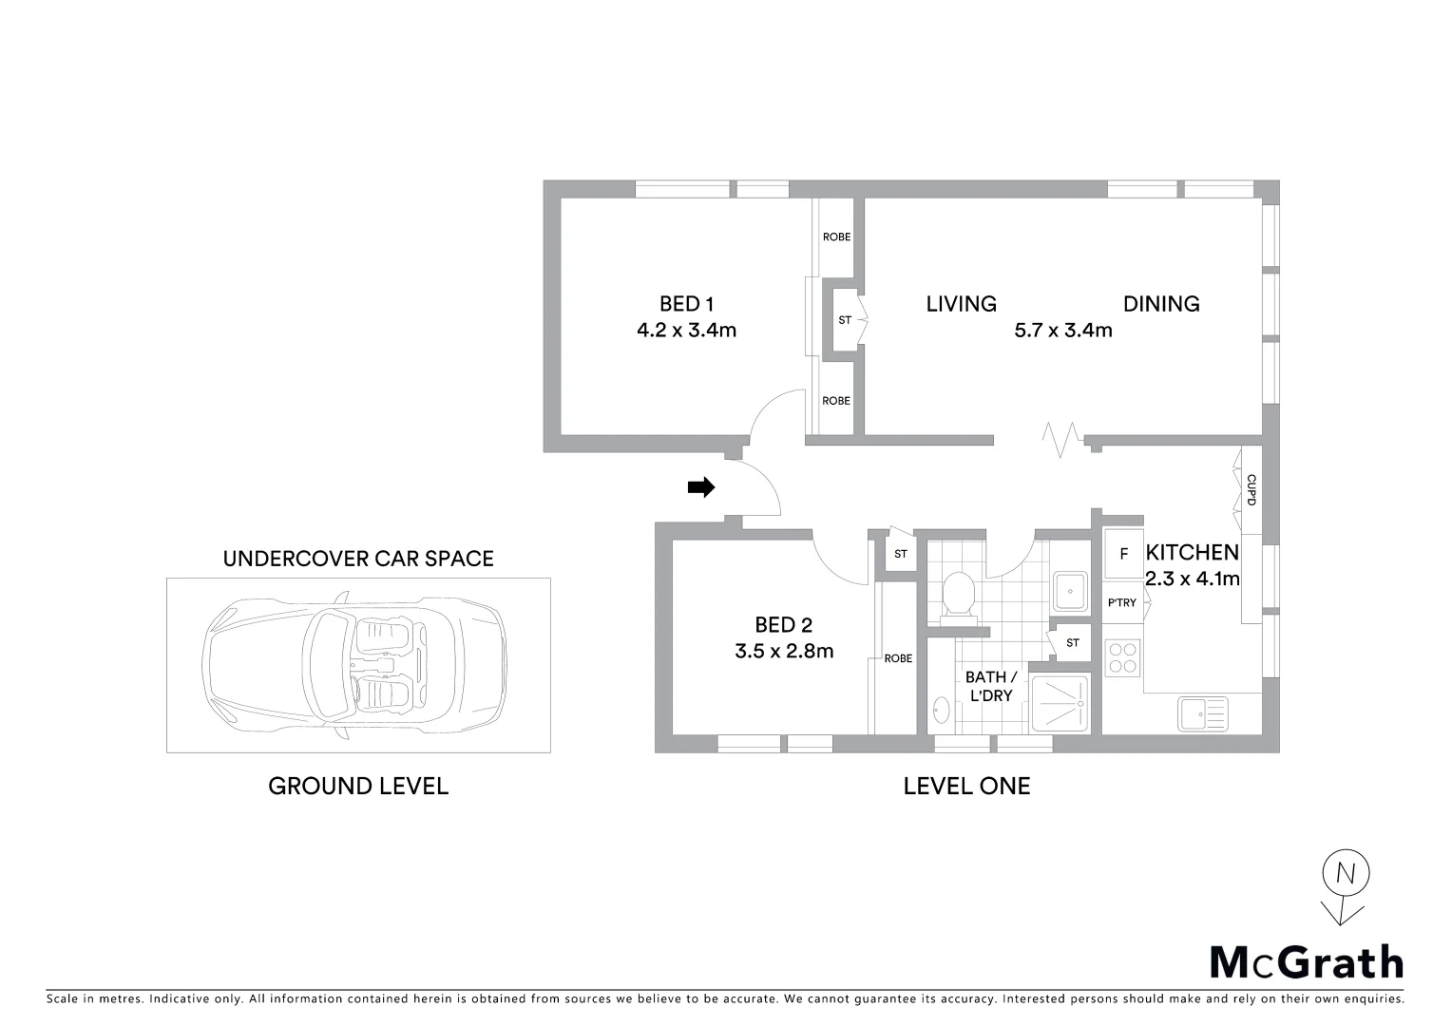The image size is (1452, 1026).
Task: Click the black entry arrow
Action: coord(700,487)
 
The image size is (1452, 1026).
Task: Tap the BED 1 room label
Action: coord(686,304)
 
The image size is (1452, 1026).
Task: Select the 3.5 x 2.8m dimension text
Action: coord(783,652)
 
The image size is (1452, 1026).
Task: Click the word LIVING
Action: coord(961,304)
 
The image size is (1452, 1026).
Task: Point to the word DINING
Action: coord(1161,304)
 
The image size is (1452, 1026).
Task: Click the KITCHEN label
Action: coord(1192,553)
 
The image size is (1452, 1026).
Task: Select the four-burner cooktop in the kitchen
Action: coord(1122,657)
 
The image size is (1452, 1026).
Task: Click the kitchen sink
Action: coord(1202,713)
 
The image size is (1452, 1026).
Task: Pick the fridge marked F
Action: coord(1123,554)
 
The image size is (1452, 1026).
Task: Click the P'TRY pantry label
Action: coord(1121,603)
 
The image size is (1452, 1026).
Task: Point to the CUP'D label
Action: coord(1251,489)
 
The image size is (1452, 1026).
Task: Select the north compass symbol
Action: coord(1345,886)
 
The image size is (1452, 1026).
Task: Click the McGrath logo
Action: coord(1306,961)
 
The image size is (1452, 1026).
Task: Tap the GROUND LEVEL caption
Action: coord(357,787)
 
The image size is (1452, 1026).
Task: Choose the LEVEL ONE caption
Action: coord(966,787)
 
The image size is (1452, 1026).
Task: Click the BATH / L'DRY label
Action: coord(990,686)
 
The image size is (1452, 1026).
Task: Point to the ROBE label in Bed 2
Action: coord(898,658)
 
